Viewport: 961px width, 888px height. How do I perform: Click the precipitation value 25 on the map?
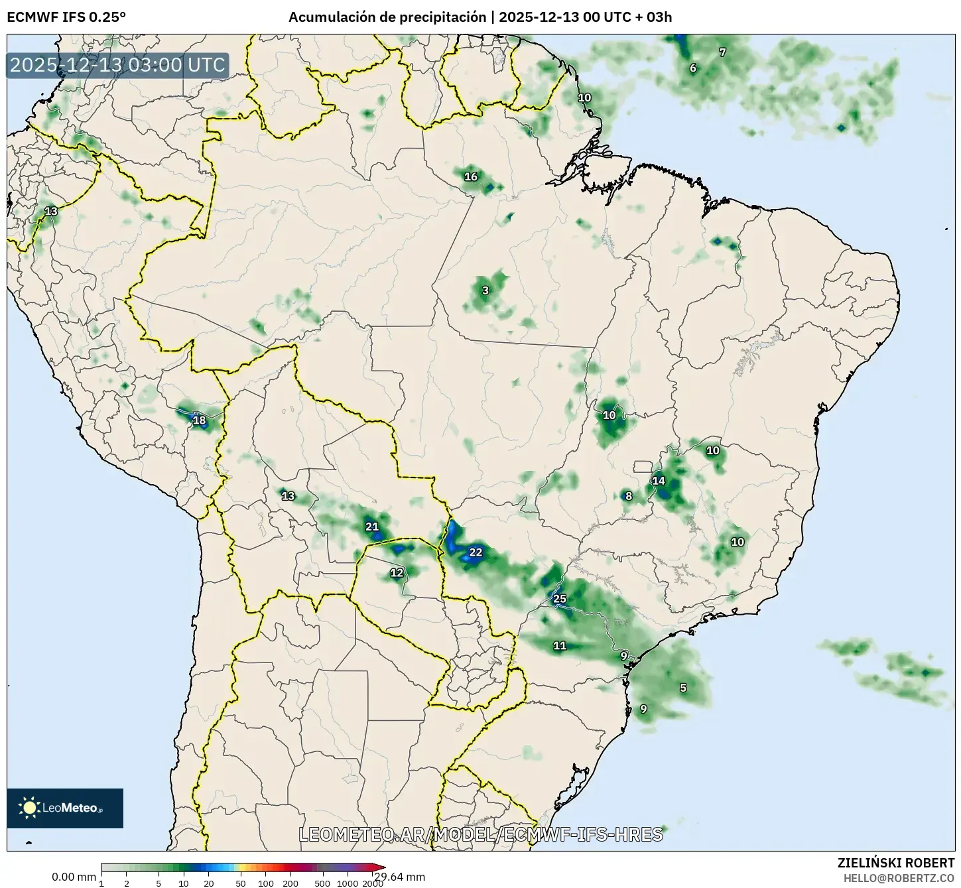(560, 599)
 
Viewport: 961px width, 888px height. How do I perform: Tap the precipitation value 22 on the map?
(476, 552)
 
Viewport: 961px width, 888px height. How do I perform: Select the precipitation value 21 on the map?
(372, 527)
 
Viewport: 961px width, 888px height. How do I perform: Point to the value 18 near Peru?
(199, 420)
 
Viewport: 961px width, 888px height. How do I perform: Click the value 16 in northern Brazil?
(471, 176)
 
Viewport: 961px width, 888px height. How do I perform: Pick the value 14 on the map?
(659, 481)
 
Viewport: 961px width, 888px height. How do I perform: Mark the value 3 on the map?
(485, 290)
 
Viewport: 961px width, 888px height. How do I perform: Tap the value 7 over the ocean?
(723, 52)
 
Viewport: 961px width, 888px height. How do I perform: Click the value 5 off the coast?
(683, 688)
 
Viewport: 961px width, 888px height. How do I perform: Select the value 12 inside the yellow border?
(397, 573)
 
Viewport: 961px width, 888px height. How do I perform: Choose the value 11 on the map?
(560, 645)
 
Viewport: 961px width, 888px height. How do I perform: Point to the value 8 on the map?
(629, 496)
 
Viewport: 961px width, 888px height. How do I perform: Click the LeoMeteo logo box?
(65, 808)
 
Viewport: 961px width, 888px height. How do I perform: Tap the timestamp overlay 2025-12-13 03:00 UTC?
(118, 65)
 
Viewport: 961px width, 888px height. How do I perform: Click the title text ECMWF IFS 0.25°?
(66, 17)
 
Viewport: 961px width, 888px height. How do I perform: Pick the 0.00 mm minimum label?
(74, 877)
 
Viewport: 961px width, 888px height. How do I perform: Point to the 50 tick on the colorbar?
(240, 883)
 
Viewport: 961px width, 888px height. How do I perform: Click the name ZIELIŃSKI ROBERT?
(896, 863)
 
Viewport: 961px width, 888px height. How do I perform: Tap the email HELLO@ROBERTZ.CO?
(899, 877)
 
